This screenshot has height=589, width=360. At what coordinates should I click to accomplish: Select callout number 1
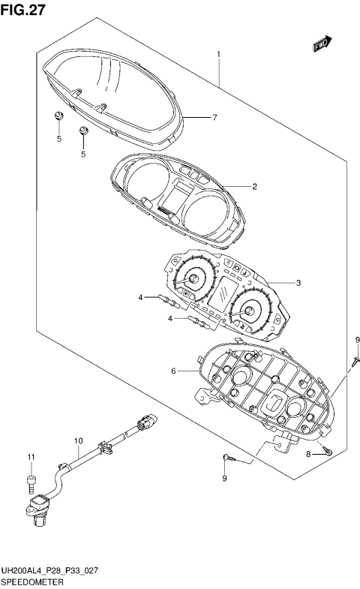pos(218,54)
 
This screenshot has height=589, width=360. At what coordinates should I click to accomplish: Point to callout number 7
pos(214,118)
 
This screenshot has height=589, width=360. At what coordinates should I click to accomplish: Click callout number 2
pos(234,186)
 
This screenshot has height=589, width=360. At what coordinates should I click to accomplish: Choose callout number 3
pos(298,283)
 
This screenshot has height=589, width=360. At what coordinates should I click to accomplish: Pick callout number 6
pos(173,371)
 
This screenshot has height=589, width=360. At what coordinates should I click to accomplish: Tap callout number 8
pos(309,455)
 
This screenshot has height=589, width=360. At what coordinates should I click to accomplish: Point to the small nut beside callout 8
pos(328,452)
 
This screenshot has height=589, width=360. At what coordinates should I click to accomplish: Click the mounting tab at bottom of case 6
pos(284,445)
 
